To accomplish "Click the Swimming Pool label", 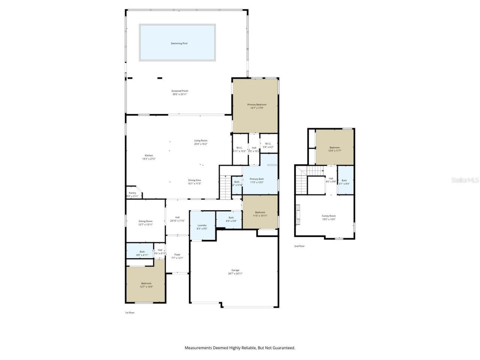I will click(x=179, y=43).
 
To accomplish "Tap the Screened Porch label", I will click(x=180, y=91).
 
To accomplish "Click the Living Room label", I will click(x=201, y=141).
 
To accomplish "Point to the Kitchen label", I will click(x=149, y=156).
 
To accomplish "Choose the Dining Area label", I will click(x=194, y=180).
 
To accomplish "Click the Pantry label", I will click(x=132, y=193).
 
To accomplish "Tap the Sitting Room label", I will click(x=145, y=222).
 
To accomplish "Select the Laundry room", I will click(x=202, y=226).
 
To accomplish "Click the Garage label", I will click(x=235, y=270).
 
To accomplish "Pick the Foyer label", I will click(x=177, y=255).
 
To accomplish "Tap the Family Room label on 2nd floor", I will click(x=328, y=216).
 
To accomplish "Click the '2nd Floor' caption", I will click(x=299, y=246).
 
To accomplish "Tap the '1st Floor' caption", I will click(x=129, y=312).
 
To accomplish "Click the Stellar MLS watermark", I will click(x=465, y=180).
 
